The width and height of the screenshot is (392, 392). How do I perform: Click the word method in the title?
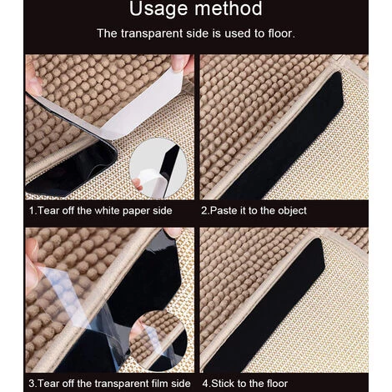pyautogui.click(x=229, y=8)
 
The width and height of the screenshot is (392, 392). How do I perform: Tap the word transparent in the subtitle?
pyautogui.click(x=152, y=33)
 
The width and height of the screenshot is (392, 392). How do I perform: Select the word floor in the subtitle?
pyautogui.click(x=281, y=33)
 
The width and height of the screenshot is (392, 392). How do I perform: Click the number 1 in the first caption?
pyautogui.click(x=32, y=211)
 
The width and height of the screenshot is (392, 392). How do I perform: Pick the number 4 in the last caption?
pyautogui.click(x=205, y=384)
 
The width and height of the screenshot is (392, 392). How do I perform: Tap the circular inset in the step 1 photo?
pyautogui.click(x=158, y=168)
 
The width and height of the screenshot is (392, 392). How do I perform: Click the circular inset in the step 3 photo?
pyautogui.click(x=158, y=341)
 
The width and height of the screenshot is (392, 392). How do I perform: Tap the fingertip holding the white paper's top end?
pyautogui.click(x=181, y=63)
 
